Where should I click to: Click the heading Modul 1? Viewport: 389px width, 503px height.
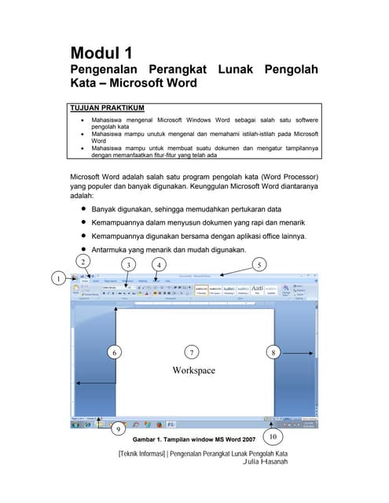point(101,53)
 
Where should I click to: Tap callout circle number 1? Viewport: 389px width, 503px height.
point(57,277)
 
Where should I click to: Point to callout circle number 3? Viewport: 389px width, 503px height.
point(128,264)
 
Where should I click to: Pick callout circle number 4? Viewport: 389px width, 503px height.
point(159,264)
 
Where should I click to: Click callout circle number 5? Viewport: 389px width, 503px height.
point(260,264)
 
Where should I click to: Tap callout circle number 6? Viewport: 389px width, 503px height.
point(115,353)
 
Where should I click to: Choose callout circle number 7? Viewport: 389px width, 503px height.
point(193,353)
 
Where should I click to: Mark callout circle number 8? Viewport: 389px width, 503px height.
point(273,353)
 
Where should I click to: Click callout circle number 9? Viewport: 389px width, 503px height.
point(118,429)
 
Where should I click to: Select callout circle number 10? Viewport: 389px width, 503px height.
point(272,436)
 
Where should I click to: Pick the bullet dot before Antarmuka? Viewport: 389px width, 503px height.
point(83,249)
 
